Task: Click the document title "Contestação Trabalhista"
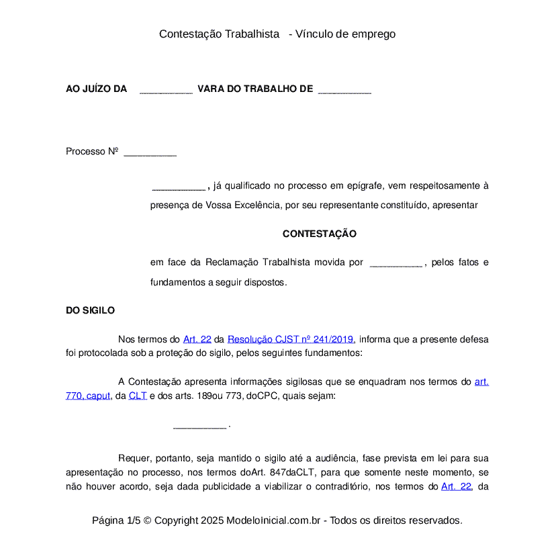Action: tap(219, 34)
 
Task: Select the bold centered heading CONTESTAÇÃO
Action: tap(319, 234)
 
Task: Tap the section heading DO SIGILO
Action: tap(90, 310)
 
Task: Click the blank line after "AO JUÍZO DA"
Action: tap(166, 89)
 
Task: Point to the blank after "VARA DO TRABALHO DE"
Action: tap(344, 89)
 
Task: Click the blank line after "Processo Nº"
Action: tap(150, 152)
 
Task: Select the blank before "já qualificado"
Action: tap(178, 186)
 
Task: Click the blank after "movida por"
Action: tap(396, 263)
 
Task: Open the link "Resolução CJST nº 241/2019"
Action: tap(291, 339)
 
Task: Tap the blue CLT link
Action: tap(138, 396)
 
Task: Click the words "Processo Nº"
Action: tap(92, 152)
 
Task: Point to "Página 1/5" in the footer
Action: tap(116, 520)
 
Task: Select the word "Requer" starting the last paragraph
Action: tap(133, 459)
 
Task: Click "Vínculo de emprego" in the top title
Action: tap(346, 34)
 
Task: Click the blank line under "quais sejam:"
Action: tap(199, 425)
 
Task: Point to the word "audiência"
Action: tap(333, 459)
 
